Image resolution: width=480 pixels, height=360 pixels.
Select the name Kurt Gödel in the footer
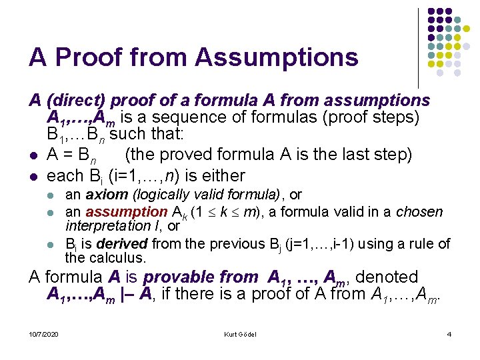[240, 333]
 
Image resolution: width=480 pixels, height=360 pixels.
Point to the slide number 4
[449, 333]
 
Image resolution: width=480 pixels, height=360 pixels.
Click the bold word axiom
[107, 195]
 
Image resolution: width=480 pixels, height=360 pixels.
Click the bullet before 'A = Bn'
[33, 155]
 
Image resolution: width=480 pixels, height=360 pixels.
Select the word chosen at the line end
[419, 212]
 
